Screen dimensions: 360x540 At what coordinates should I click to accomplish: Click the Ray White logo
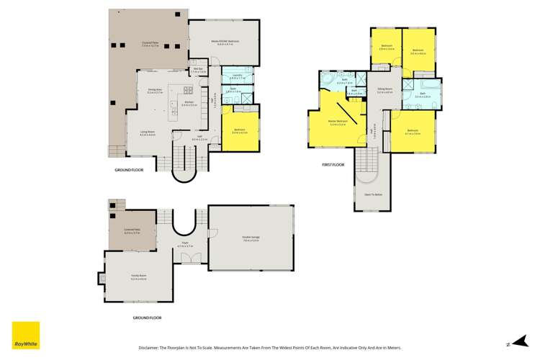[25, 333]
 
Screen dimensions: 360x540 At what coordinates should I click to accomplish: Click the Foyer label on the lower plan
[185, 246]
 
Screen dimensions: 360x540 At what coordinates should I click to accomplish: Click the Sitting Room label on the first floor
[384, 90]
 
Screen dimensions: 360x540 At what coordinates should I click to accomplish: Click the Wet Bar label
[199, 70]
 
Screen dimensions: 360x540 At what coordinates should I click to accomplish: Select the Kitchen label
[189, 102]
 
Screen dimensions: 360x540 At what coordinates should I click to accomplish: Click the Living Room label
[148, 134]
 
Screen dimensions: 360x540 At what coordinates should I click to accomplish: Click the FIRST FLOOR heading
[333, 165]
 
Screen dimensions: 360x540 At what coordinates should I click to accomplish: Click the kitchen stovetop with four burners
[189, 90]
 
